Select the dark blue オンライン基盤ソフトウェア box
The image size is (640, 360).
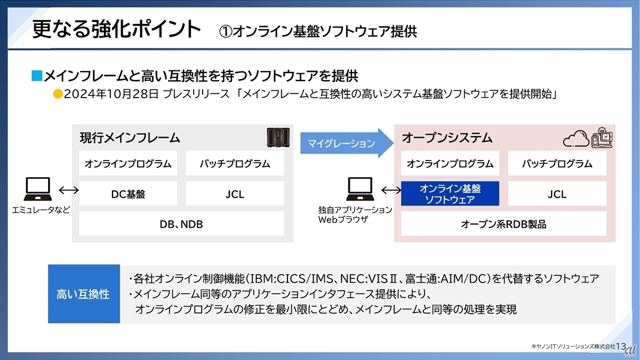coord(450,194)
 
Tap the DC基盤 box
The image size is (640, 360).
coord(128,194)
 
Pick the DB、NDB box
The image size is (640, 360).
coord(181,224)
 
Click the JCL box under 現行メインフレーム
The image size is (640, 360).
coord(235,194)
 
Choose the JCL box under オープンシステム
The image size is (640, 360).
coord(557,194)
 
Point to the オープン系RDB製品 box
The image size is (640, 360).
coord(503,224)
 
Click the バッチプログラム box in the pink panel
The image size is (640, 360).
coord(557,164)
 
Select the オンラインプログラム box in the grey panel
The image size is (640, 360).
coord(128,164)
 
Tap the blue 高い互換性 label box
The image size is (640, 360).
coord(83,294)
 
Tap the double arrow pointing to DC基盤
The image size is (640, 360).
coord(68,190)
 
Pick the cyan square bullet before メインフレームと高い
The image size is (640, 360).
coord(36,76)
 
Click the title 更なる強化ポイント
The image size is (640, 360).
coord(117,29)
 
